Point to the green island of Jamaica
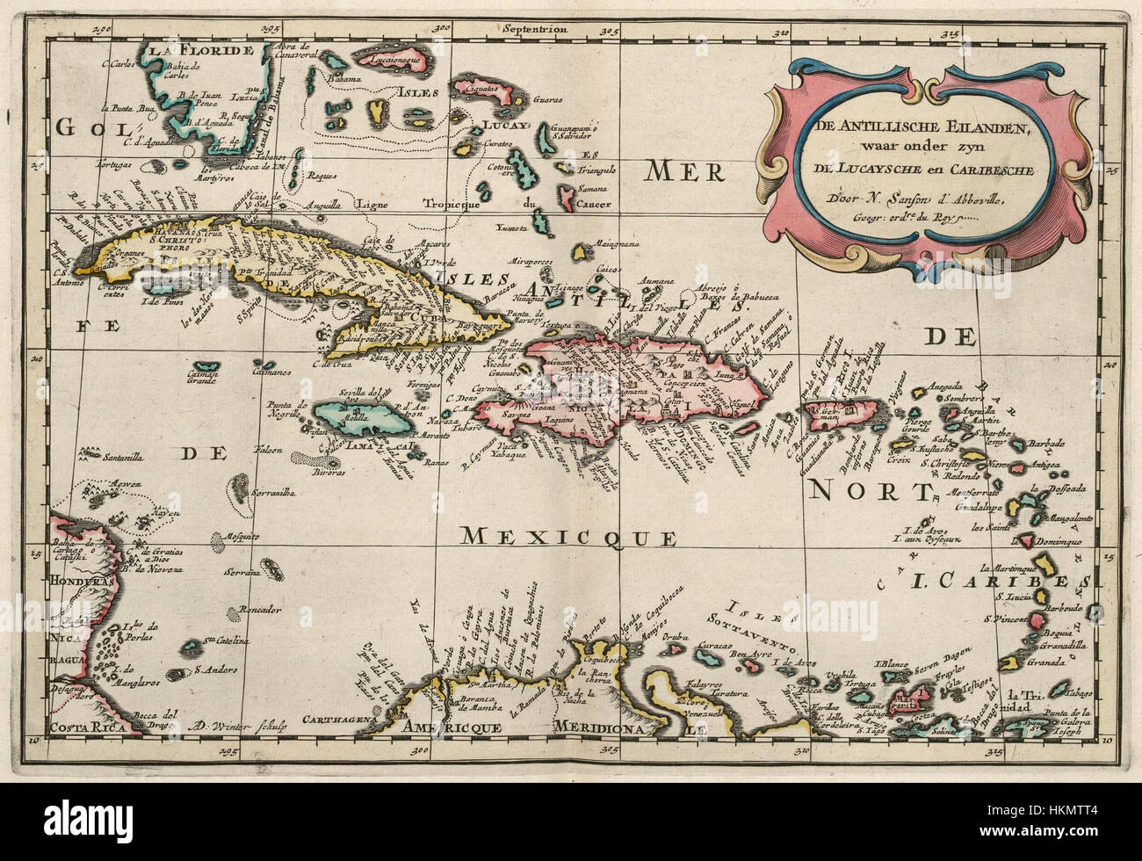pyautogui.click(x=362, y=420)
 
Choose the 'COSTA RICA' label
pyautogui.click(x=83, y=727)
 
